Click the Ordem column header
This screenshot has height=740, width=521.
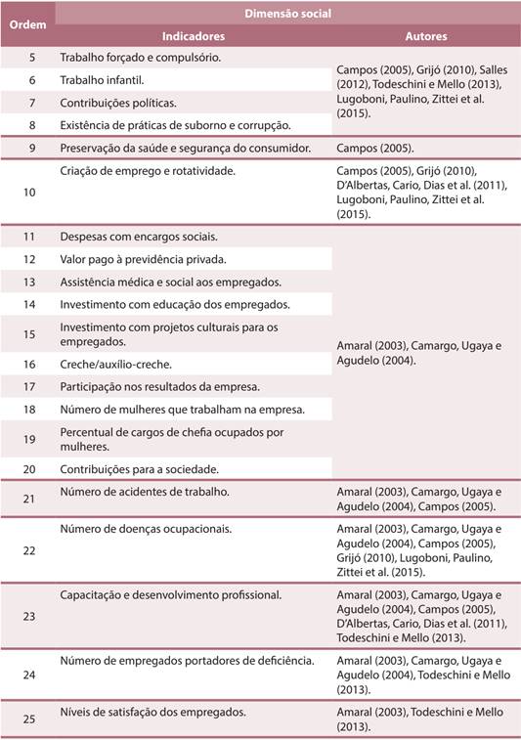(27, 24)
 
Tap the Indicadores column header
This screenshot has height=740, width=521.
(193, 36)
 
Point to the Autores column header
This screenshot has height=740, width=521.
(426, 36)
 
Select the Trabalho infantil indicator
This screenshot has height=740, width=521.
(103, 80)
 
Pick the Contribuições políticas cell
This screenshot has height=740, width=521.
(118, 103)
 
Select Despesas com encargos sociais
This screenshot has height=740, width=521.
(139, 237)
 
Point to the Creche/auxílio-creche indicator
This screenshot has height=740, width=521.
(115, 364)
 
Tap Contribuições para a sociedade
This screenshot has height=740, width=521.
(139, 468)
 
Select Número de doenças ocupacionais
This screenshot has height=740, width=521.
(146, 529)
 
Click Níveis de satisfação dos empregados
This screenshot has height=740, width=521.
(152, 712)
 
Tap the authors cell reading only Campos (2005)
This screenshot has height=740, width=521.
(375, 149)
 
